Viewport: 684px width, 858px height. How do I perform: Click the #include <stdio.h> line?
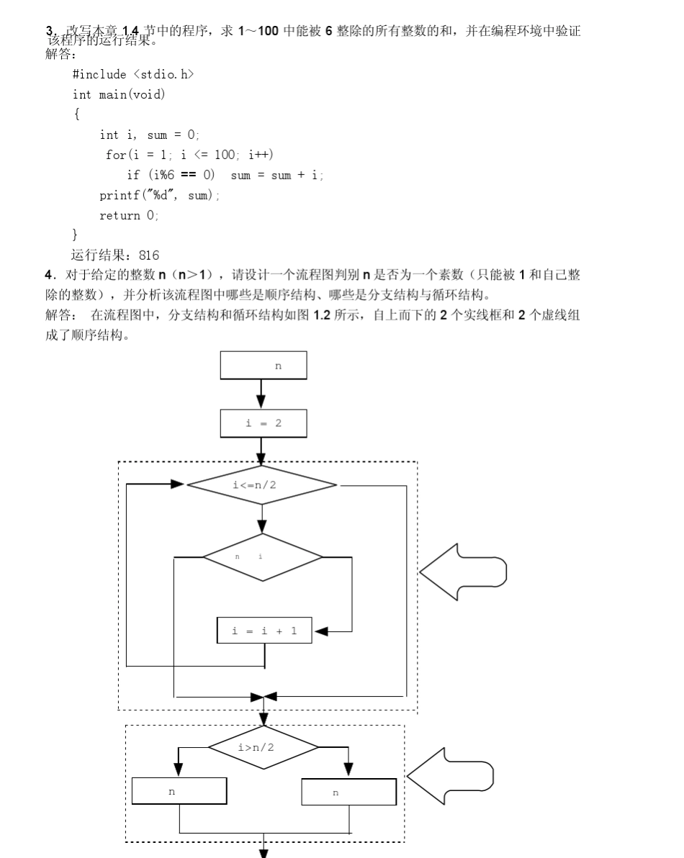133,74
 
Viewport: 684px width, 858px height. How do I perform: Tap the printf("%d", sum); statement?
160,195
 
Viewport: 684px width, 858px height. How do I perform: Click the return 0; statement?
129,215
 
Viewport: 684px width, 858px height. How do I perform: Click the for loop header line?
190,155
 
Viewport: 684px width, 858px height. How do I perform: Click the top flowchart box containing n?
264,366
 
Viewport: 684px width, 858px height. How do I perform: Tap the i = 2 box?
264,423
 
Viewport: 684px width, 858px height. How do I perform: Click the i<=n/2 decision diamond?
262,485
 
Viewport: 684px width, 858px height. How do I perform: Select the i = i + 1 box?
264,631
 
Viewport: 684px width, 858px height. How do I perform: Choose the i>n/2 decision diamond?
264,748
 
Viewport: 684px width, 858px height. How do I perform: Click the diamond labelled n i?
263,557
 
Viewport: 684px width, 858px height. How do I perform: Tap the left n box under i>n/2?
179,791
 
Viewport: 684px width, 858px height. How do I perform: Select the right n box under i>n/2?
348,792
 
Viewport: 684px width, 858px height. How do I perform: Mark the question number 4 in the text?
49,274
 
